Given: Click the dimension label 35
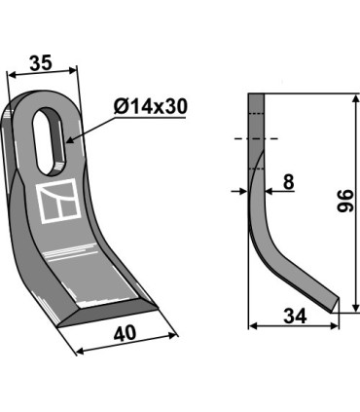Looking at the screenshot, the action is pos(41,63).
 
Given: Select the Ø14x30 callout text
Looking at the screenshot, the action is pos(151,106).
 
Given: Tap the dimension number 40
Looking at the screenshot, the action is pos(125,333).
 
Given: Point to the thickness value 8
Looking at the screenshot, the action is pos(288,182).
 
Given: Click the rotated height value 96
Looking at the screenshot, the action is pos(344,201).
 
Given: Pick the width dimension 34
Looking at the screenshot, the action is pos(295,317).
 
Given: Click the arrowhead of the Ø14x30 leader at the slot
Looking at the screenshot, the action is pos(71,140).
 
